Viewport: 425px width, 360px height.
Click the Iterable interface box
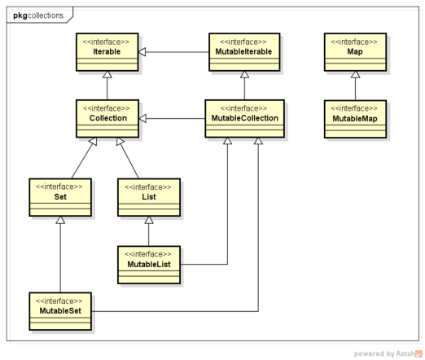[x=107, y=50]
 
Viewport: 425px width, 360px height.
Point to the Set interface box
[x=59, y=197]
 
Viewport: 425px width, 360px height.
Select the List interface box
[x=147, y=197]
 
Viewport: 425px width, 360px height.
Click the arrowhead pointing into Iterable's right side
[x=144, y=50]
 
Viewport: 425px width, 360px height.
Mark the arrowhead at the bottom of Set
[x=59, y=220]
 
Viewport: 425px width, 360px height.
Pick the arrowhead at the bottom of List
[x=147, y=220]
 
